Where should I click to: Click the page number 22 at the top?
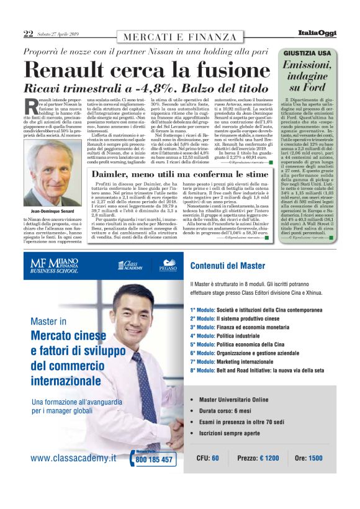pyautogui.click(x=28, y=33)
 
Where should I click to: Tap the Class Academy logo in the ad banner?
pyautogui.click(x=128, y=266)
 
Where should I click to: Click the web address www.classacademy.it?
pyautogui.click(x=73, y=459)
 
